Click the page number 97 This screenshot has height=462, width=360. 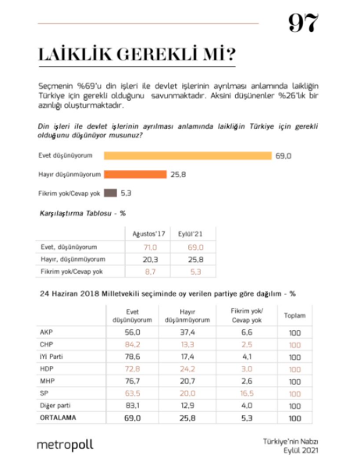(x=302, y=23)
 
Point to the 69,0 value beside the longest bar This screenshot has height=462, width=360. (x=283, y=156)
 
